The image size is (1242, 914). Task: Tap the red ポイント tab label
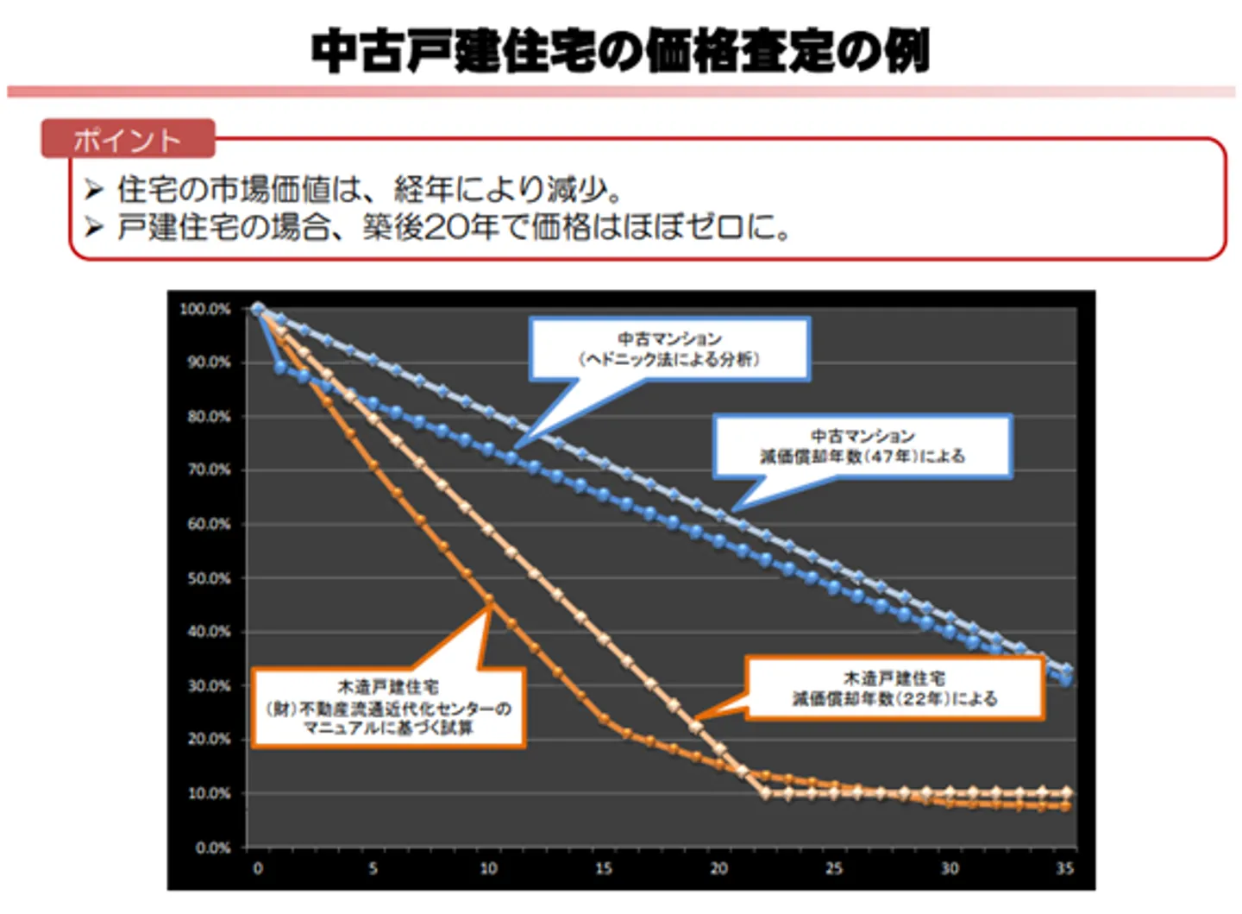coord(127,140)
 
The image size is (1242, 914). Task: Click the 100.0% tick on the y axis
coord(205,309)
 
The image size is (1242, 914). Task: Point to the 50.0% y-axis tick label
coord(209,578)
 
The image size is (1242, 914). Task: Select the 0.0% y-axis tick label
coord(212,848)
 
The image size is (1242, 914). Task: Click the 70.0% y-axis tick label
coord(209,470)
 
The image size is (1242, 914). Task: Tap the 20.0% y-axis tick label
coord(209,740)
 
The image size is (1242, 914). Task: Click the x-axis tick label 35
coord(1064,868)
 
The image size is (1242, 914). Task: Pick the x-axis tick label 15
coord(604,868)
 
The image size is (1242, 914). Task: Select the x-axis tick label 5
coord(373,868)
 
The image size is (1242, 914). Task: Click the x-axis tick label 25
coord(834,868)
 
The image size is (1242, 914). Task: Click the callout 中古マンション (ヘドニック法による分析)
coord(669,349)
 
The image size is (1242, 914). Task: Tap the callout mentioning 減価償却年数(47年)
coord(862,446)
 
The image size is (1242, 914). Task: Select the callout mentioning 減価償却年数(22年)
coord(894,688)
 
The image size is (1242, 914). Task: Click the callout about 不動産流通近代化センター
coord(388,708)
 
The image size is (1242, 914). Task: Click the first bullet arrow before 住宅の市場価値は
coord(93,188)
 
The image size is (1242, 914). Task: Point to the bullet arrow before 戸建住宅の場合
coord(93,227)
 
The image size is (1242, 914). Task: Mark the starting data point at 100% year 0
coord(257,308)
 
